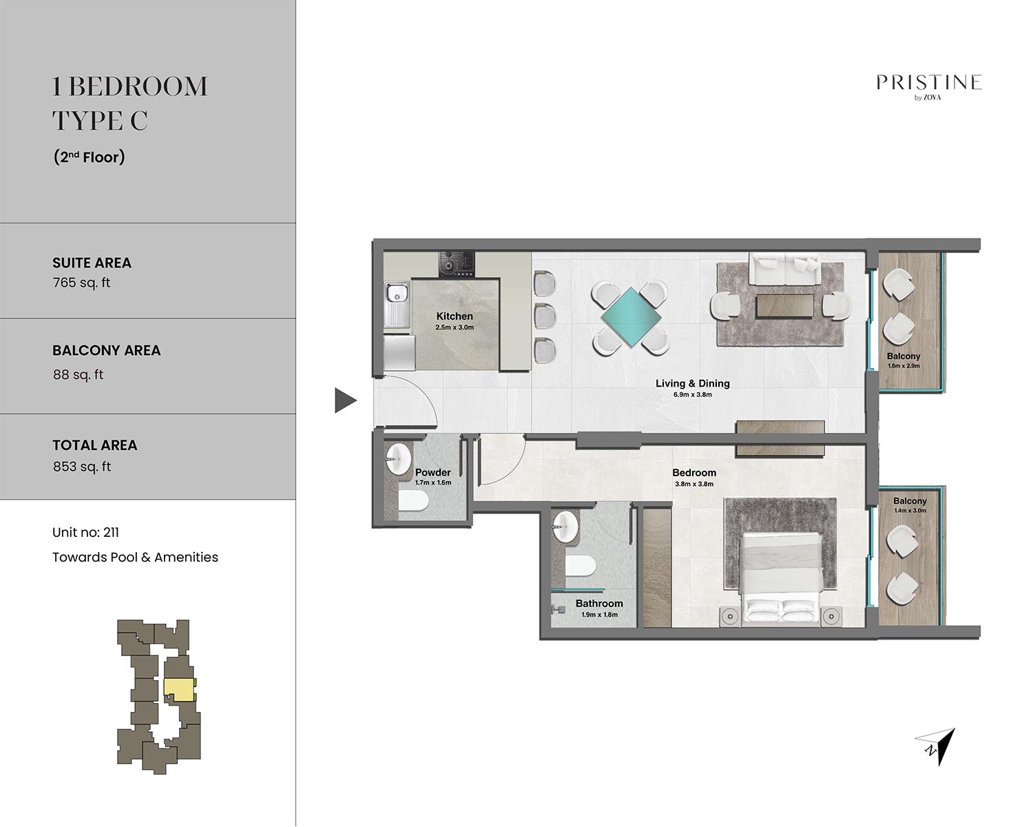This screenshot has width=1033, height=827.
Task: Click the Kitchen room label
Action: tap(454, 316)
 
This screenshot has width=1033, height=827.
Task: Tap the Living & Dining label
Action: tap(692, 383)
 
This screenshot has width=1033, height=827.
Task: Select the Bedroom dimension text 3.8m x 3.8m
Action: tap(694, 484)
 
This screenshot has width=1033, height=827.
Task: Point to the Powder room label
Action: tap(432, 472)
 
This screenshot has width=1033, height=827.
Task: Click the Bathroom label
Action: tap(599, 603)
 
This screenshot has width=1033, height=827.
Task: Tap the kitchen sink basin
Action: tap(397, 292)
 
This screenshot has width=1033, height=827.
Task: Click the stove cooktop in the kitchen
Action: tap(456, 264)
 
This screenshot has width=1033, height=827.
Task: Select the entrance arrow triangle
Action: tap(345, 400)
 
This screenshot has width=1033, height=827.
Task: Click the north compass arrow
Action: tap(936, 746)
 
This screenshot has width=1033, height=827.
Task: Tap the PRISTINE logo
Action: tap(928, 87)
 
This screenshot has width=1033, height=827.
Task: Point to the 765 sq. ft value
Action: tap(81, 283)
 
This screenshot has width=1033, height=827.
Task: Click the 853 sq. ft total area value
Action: tap(81, 467)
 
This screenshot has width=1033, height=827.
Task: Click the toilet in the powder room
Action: tap(413, 501)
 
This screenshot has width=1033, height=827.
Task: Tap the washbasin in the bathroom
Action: tap(565, 527)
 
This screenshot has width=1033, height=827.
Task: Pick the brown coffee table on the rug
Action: tap(785, 306)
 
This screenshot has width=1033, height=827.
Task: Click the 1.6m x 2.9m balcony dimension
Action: tap(904, 366)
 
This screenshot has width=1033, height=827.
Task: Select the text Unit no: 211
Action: tap(85, 533)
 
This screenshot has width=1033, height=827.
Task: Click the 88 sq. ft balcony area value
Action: tap(78, 374)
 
